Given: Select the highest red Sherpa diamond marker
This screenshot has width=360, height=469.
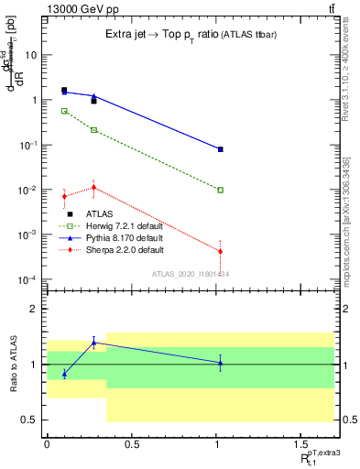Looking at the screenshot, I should (x=93, y=188).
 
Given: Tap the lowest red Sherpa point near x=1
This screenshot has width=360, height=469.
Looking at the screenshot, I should (x=221, y=251).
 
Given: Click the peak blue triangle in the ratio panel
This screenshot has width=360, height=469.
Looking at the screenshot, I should (x=93, y=343).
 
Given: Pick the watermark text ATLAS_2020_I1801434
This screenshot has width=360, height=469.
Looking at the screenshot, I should (x=191, y=274).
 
